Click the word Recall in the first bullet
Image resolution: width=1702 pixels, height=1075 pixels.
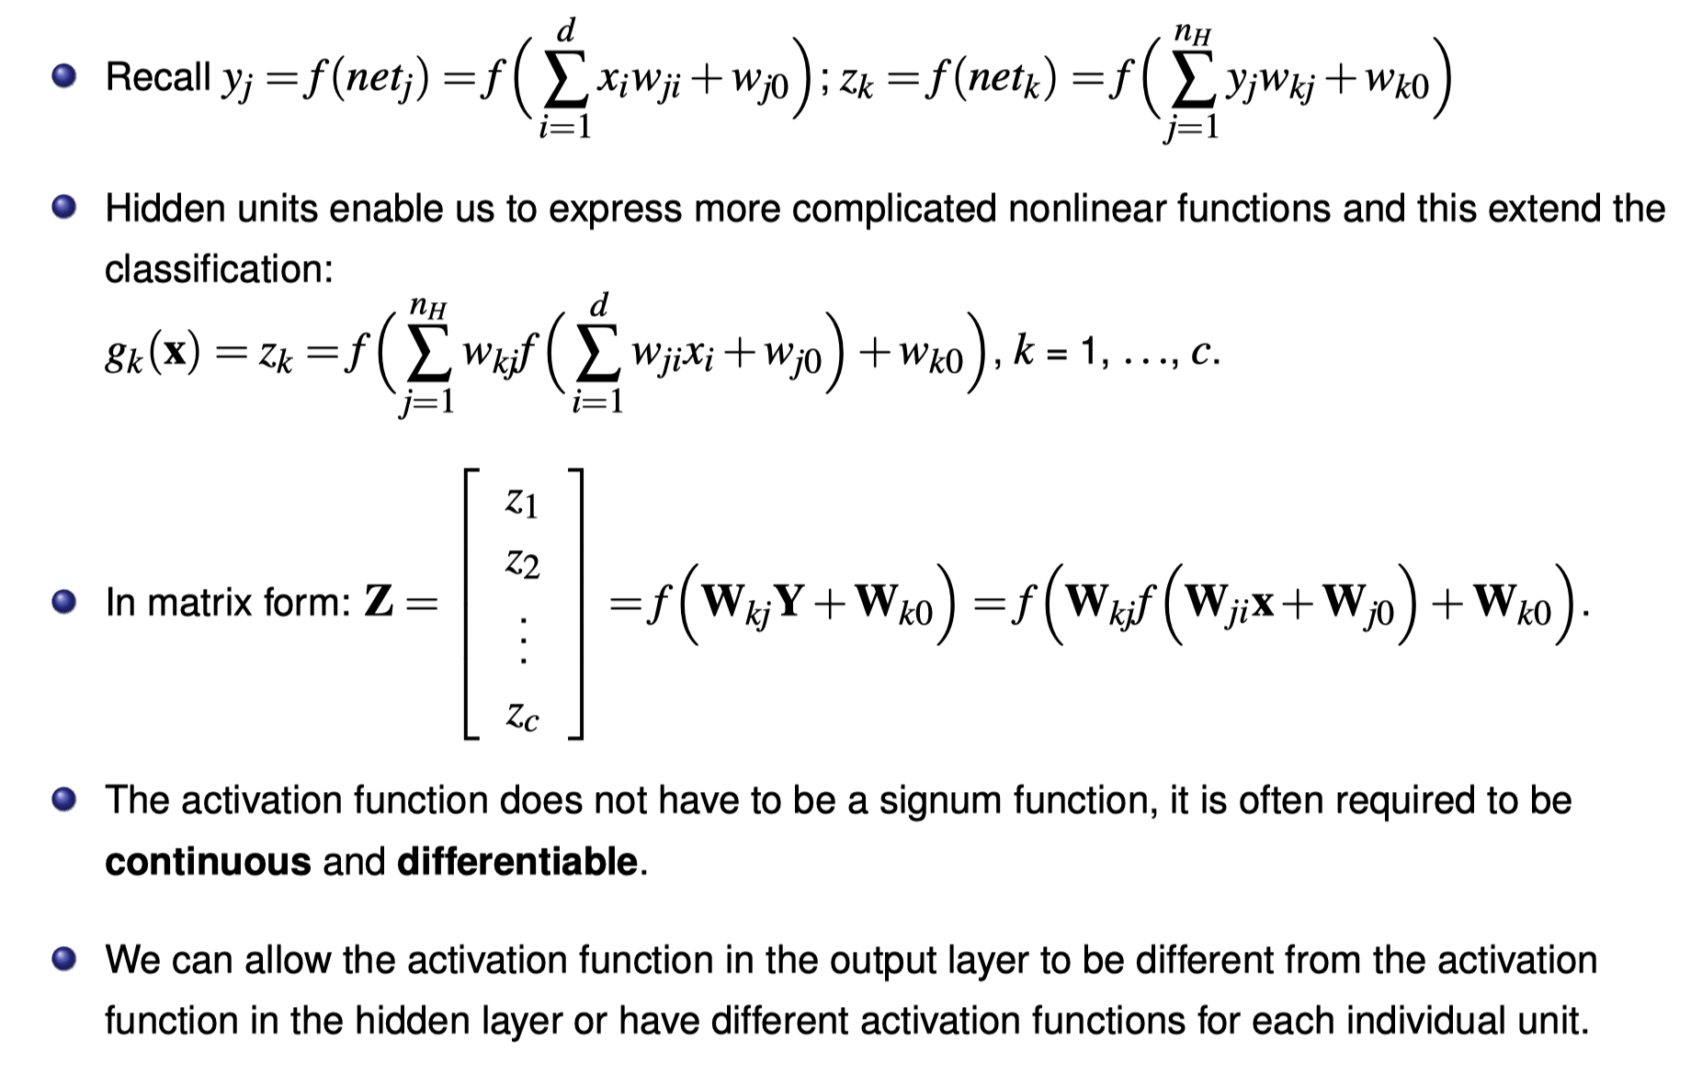point(158,77)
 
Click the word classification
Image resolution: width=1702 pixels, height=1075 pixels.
point(218,270)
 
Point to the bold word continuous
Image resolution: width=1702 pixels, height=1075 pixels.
point(208,862)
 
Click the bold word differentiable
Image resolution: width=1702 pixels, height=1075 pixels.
point(517,862)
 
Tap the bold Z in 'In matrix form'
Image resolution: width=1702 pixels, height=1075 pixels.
point(379,603)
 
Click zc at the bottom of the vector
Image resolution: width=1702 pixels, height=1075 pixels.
point(522,716)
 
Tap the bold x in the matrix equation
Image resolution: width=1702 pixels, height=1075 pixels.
point(1264,603)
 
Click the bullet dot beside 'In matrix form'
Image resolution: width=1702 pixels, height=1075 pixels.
point(63,603)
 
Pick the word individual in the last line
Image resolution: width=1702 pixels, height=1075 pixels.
point(1360,1022)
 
